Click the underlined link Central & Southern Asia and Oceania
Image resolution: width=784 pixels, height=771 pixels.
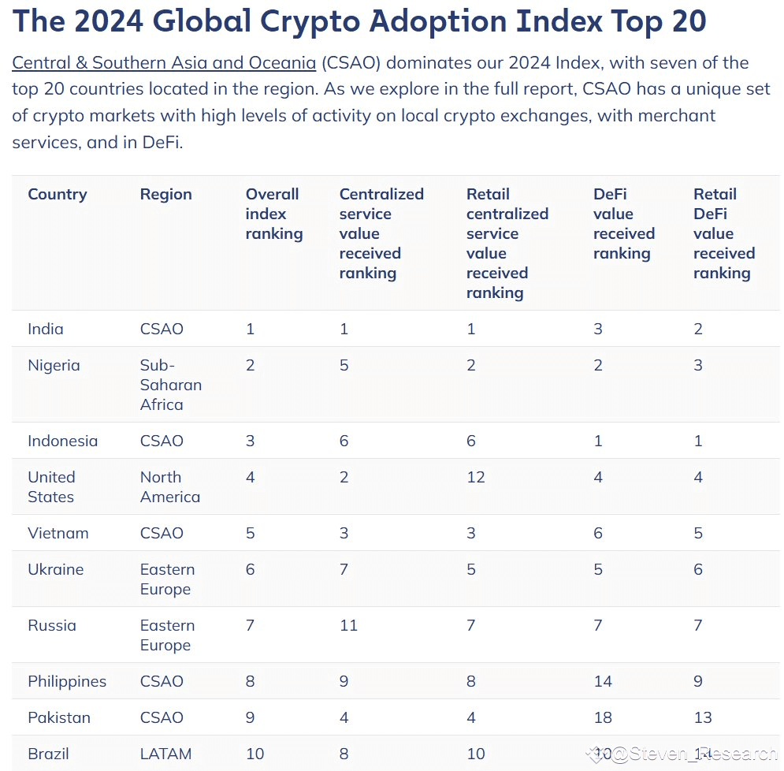click(x=164, y=63)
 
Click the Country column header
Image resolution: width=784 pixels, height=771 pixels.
click(x=58, y=195)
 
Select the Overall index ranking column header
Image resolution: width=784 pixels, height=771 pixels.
click(x=273, y=214)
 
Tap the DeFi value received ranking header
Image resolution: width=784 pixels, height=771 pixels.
click(x=623, y=224)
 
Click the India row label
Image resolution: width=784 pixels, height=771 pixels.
click(x=46, y=330)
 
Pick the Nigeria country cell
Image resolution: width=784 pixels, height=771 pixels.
click(x=54, y=366)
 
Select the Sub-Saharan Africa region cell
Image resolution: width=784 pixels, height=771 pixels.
click(x=170, y=385)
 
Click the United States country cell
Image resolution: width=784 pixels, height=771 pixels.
click(x=51, y=487)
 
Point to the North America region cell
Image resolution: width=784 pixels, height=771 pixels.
click(x=169, y=487)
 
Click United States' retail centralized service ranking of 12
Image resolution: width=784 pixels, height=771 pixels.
click(x=476, y=478)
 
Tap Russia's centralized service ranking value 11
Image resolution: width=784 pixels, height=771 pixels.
click(x=348, y=626)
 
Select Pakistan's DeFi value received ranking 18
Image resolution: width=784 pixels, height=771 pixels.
click(x=603, y=718)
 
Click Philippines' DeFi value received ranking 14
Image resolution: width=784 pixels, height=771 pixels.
click(x=603, y=682)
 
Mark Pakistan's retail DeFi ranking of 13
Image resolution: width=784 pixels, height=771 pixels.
click(x=703, y=718)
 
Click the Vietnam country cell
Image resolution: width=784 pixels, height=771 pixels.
click(x=58, y=534)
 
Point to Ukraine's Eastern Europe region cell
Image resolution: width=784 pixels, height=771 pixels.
click(x=167, y=579)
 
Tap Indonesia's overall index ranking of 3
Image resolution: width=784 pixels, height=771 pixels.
click(x=251, y=441)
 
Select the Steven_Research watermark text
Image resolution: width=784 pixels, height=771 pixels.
click(x=693, y=754)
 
